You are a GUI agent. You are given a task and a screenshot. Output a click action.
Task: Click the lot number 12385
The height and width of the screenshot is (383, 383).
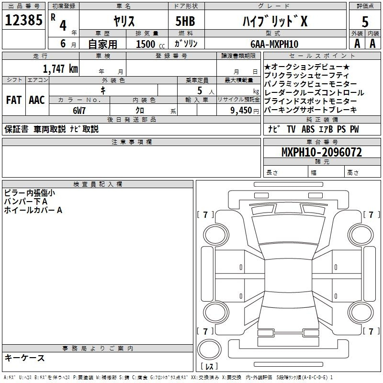(x=23, y=20)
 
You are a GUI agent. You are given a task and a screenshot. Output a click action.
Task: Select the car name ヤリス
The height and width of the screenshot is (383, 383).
(x=124, y=21)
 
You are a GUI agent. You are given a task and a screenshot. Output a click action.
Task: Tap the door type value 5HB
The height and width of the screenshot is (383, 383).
(x=185, y=21)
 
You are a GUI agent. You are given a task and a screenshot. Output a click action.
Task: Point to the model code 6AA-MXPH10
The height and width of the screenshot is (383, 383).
(x=274, y=44)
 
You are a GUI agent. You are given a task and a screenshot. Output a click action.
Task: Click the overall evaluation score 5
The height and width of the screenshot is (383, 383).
(x=365, y=22)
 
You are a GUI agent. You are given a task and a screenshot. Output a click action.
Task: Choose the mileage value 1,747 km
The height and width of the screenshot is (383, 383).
(x=61, y=69)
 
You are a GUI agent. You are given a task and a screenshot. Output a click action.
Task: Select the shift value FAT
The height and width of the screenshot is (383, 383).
(x=14, y=100)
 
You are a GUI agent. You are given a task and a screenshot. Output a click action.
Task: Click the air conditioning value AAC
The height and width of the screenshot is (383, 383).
(x=37, y=100)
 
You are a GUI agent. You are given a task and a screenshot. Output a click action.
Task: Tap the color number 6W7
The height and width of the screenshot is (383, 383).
(x=79, y=111)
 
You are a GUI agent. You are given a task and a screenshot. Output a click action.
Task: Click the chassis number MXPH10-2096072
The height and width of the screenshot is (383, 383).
(x=322, y=152)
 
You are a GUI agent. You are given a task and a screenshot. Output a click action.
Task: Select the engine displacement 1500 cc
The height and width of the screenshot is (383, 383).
(x=150, y=44)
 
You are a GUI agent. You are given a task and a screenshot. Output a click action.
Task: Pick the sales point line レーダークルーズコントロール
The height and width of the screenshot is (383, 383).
(x=314, y=93)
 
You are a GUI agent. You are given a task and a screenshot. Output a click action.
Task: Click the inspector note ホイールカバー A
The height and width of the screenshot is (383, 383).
(x=33, y=210)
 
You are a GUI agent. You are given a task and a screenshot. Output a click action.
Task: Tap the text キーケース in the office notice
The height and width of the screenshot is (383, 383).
(x=25, y=358)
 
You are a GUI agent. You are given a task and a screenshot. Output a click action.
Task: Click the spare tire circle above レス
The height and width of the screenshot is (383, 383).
(x=209, y=349)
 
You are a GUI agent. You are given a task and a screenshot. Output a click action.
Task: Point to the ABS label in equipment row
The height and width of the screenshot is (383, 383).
(x=308, y=129)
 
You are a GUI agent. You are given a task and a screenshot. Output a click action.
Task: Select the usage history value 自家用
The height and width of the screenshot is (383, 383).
(x=102, y=44)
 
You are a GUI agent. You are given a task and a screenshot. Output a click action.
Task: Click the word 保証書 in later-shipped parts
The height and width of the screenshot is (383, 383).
(x=16, y=129)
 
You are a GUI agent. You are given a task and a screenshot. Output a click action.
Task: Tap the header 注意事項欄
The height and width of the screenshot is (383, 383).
(x=132, y=142)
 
